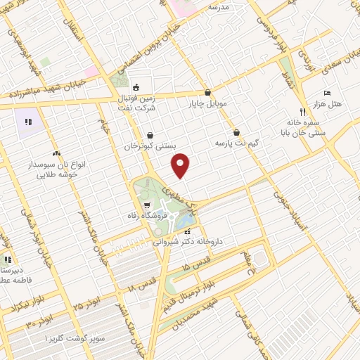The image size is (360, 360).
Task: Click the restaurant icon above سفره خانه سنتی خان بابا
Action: click(x=303, y=111)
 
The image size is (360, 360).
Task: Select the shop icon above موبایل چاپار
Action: click(x=207, y=92)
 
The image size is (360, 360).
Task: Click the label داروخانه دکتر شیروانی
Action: click(x=188, y=241)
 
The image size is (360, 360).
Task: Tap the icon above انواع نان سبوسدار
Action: click(x=56, y=153)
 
